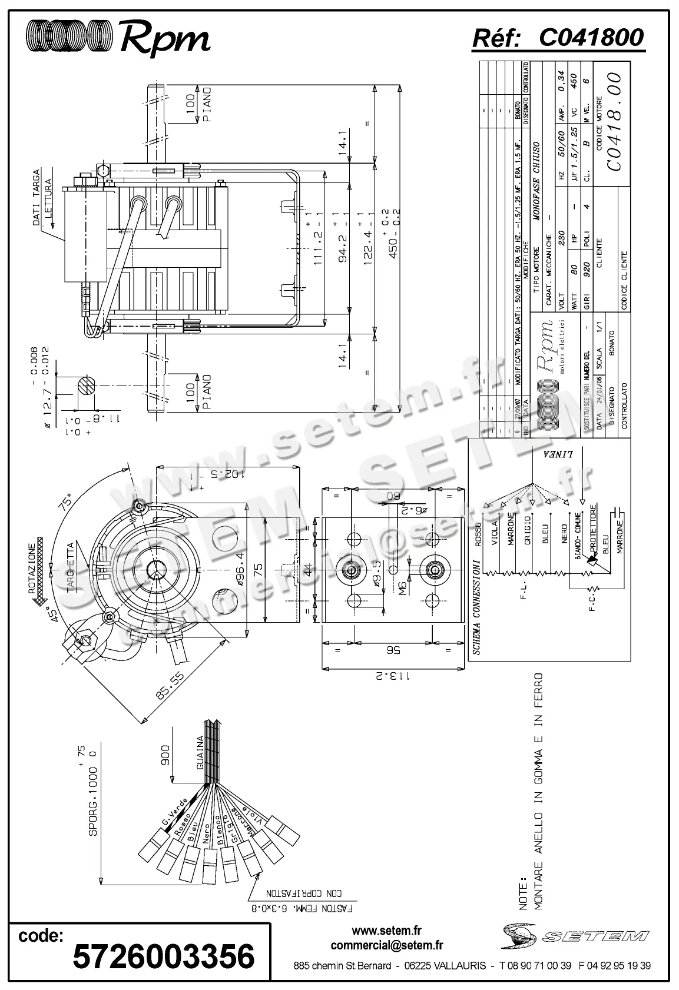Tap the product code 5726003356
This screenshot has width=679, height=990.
tap(164, 956)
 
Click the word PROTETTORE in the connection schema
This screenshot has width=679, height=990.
tap(593, 525)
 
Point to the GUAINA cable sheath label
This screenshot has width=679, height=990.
tap(200, 753)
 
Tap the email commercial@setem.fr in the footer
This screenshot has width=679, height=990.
tap(387, 946)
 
